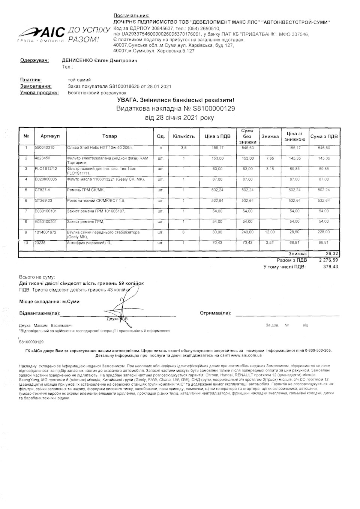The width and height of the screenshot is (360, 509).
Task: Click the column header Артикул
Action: [x=48, y=136]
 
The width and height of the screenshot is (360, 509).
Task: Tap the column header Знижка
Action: [x=270, y=136]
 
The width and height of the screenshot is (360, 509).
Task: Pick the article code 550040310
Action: [x=45, y=148]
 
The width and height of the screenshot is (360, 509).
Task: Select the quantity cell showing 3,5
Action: [x=184, y=148]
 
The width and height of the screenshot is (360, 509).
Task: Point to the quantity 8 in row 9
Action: [x=184, y=232]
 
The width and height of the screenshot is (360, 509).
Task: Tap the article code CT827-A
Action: [x=42, y=190]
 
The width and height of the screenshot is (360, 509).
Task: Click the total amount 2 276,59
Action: [x=328, y=260]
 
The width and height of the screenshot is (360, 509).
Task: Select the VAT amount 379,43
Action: [x=331, y=267]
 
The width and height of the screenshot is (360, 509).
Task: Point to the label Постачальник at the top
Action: [x=131, y=15]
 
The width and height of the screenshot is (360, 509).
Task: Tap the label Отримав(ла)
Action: [x=216, y=313]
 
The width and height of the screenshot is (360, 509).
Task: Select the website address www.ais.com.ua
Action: [x=246, y=355]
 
